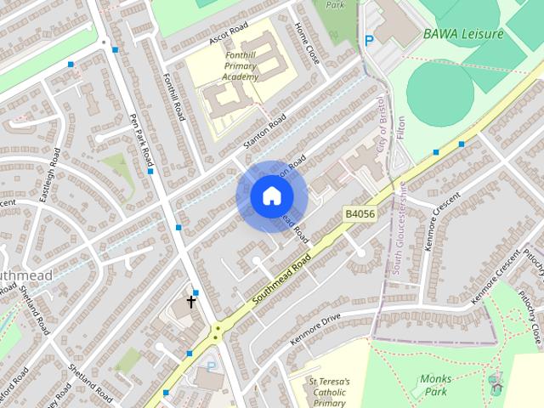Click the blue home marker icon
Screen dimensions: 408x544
[271, 196]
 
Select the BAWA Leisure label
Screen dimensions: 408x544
[463, 34]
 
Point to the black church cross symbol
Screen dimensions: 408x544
[191, 301]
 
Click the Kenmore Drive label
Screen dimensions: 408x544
[314, 328]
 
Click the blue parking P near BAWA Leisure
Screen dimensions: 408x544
[369, 40]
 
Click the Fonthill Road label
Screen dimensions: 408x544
[173, 96]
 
